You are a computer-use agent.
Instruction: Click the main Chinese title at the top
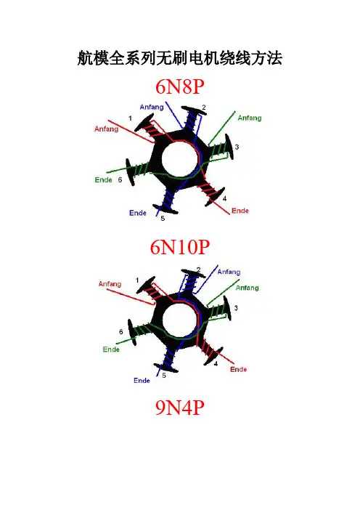tap(180, 59)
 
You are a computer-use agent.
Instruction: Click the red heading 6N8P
tap(180, 87)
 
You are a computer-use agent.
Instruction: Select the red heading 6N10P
tap(180, 247)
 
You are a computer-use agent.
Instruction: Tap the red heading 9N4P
tap(180, 408)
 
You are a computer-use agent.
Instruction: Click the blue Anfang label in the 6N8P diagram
tap(152, 107)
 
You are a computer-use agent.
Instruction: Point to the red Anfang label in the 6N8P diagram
tap(106, 129)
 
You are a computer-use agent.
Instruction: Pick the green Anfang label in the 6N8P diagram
tap(250, 118)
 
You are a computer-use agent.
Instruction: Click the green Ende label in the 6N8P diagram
tap(103, 180)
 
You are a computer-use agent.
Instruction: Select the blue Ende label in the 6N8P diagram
tap(138, 213)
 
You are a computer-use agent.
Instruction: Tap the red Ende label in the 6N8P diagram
tap(240, 211)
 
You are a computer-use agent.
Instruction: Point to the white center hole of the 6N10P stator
tap(180, 320)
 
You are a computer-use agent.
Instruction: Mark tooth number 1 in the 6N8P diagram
tap(148, 128)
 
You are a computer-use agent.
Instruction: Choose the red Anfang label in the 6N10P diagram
tap(110, 284)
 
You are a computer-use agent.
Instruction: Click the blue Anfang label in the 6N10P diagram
tap(229, 272)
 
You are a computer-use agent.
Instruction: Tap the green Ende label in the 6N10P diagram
tap(111, 349)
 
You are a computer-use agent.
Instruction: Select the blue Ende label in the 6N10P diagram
tap(142, 380)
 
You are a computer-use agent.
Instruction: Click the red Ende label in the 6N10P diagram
tap(239, 370)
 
